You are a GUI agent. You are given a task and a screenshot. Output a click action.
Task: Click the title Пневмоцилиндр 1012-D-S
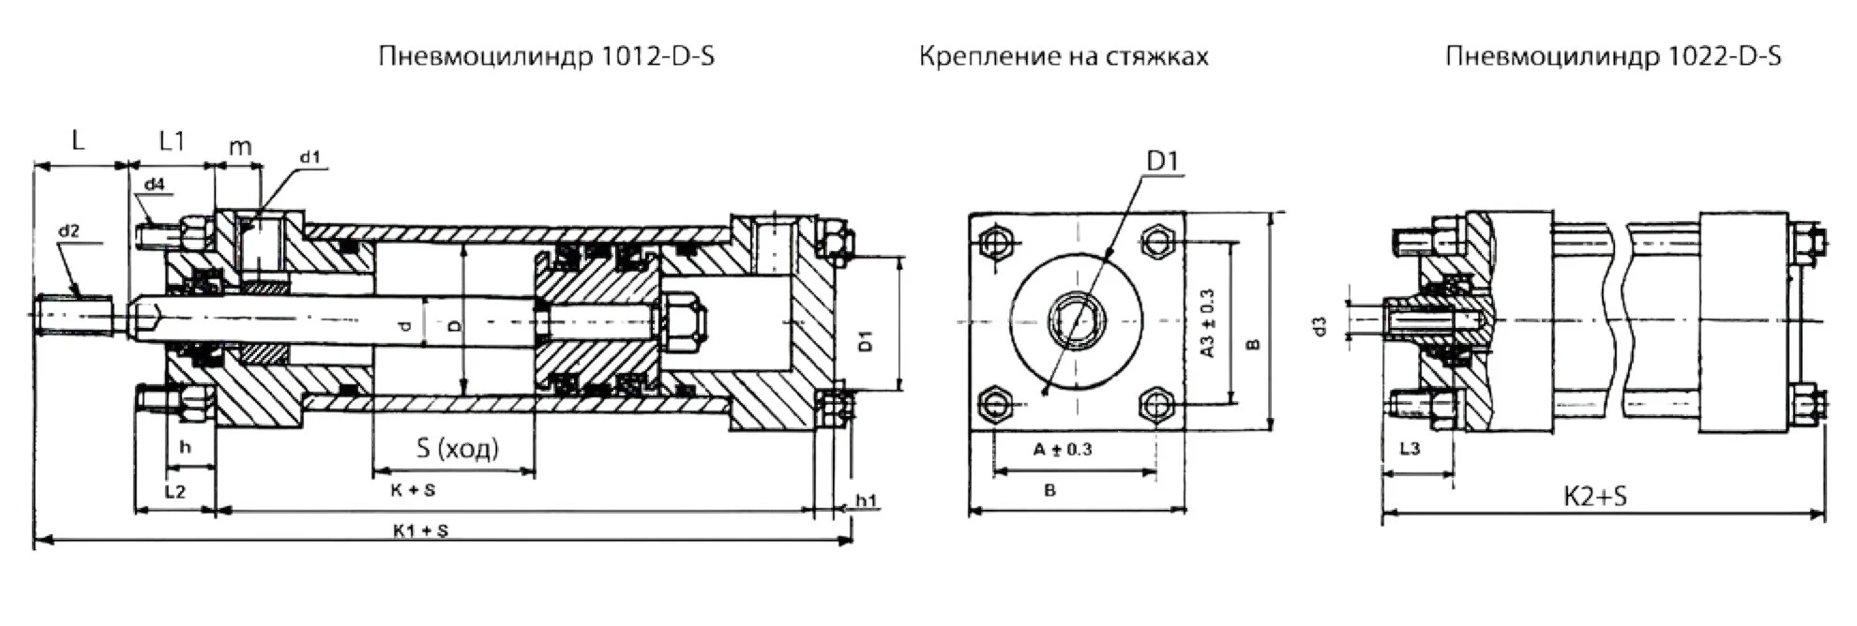click(546, 57)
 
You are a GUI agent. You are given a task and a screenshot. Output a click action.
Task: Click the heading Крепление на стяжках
click(1064, 57)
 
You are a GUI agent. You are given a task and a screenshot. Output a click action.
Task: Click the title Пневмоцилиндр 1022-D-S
click(1613, 57)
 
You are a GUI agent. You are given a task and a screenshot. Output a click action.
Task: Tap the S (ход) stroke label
click(457, 448)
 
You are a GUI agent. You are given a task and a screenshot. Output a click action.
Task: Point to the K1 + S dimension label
click(420, 530)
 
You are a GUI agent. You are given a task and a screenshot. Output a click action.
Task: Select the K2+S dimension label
click(1595, 497)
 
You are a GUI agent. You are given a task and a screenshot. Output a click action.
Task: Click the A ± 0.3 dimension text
click(1063, 450)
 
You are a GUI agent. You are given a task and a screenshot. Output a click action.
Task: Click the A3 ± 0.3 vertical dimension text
click(1207, 323)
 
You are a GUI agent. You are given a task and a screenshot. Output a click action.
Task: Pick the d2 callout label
click(68, 231)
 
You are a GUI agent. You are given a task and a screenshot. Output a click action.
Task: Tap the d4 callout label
click(154, 185)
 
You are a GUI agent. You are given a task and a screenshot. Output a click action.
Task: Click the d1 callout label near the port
click(310, 157)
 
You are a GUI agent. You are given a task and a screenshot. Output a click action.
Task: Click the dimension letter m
click(240, 146)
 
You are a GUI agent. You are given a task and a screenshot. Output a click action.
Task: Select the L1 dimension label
click(172, 142)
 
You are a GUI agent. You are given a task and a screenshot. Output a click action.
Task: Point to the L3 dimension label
click(1410, 449)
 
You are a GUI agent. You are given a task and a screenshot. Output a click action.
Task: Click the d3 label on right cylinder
click(1321, 326)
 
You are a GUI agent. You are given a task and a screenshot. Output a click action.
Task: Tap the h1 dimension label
click(866, 500)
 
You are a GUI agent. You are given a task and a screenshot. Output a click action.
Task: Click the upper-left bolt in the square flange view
click(994, 243)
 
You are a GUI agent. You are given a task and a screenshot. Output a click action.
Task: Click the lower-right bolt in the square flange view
click(1156, 405)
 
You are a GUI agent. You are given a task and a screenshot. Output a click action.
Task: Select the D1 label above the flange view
click(1162, 161)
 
